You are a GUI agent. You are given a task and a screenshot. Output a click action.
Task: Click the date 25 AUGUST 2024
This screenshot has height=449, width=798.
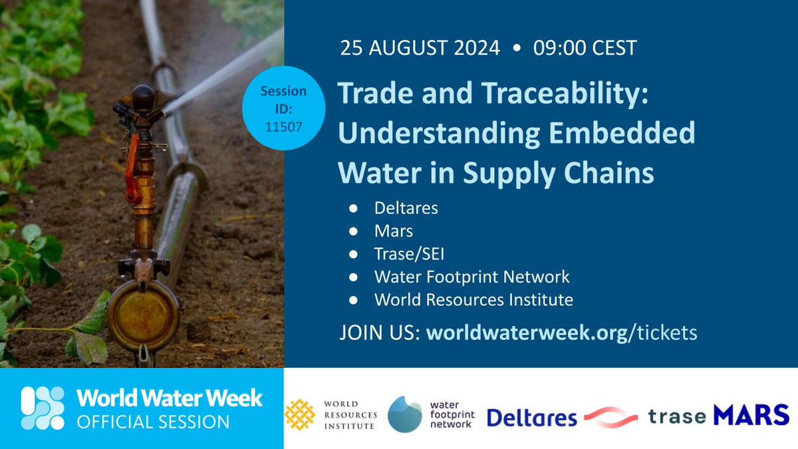pyautogui.click(x=420, y=48)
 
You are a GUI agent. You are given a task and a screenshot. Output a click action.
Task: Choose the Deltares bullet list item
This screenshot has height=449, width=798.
pyautogui.click(x=406, y=208)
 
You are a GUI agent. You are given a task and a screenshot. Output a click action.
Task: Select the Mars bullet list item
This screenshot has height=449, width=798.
pyautogui.click(x=394, y=231)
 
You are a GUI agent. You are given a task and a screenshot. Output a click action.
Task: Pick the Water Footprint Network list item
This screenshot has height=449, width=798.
pyautogui.click(x=472, y=277)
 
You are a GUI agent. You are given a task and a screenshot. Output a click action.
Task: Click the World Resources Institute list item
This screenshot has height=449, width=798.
pyautogui.click(x=473, y=299)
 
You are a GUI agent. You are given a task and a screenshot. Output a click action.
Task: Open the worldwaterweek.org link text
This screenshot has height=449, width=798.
pyautogui.click(x=527, y=332)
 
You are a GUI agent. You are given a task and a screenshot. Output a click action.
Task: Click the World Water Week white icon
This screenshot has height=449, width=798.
pyautogui.click(x=43, y=408)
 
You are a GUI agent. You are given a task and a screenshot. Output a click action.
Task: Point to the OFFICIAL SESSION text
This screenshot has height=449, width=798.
pyautogui.click(x=153, y=422)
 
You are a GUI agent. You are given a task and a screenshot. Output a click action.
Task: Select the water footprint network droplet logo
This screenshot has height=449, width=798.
pyautogui.click(x=406, y=414)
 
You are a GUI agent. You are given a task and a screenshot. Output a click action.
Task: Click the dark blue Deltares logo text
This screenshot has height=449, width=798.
pyautogui.click(x=532, y=418)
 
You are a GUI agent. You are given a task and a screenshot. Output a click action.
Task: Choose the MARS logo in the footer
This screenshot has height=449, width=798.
pyautogui.click(x=751, y=416)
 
